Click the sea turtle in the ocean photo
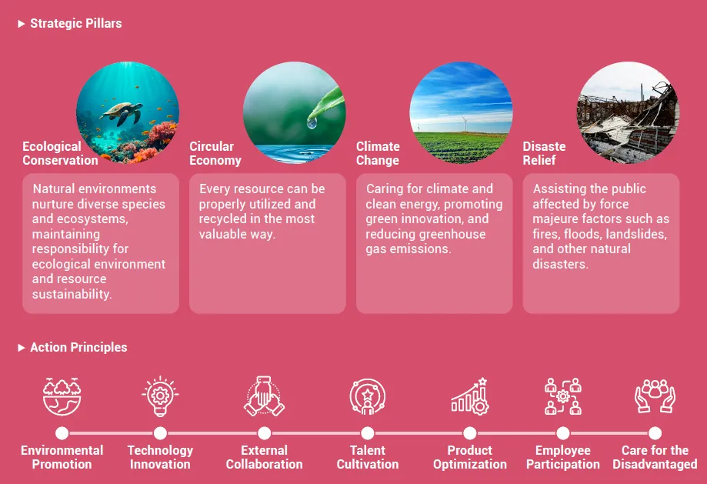[x=122, y=113]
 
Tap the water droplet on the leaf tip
[x=312, y=122]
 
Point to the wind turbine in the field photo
[x=465, y=123]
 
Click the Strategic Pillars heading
[x=75, y=23]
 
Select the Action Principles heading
[x=78, y=347]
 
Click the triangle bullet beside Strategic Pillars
[x=22, y=24]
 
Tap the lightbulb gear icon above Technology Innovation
[x=160, y=396]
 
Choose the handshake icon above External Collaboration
[x=264, y=396]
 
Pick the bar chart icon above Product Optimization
[x=470, y=396]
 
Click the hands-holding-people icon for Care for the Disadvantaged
[x=655, y=396]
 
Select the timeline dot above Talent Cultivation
[x=368, y=433]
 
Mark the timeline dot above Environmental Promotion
[x=62, y=433]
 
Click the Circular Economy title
[x=215, y=153]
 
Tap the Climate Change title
[x=378, y=153]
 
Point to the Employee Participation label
[x=562, y=457]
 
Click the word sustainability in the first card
[x=72, y=294]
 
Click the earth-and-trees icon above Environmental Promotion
[x=62, y=396]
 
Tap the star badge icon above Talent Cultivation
[x=368, y=396]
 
